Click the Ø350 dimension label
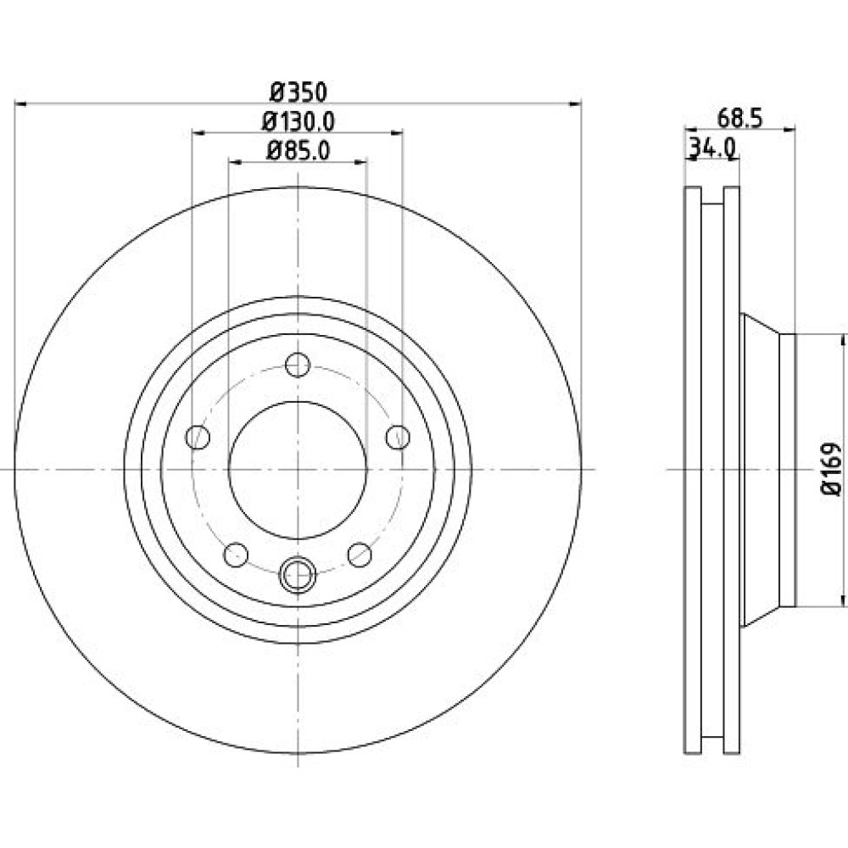(x=298, y=92)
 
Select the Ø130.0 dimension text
(x=298, y=121)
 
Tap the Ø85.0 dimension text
(x=298, y=150)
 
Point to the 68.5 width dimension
(x=739, y=119)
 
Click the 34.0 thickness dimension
(x=711, y=147)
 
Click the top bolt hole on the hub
(x=298, y=365)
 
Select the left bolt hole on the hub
(x=198, y=437)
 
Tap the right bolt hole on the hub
(x=398, y=437)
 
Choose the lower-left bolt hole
(x=236, y=555)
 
